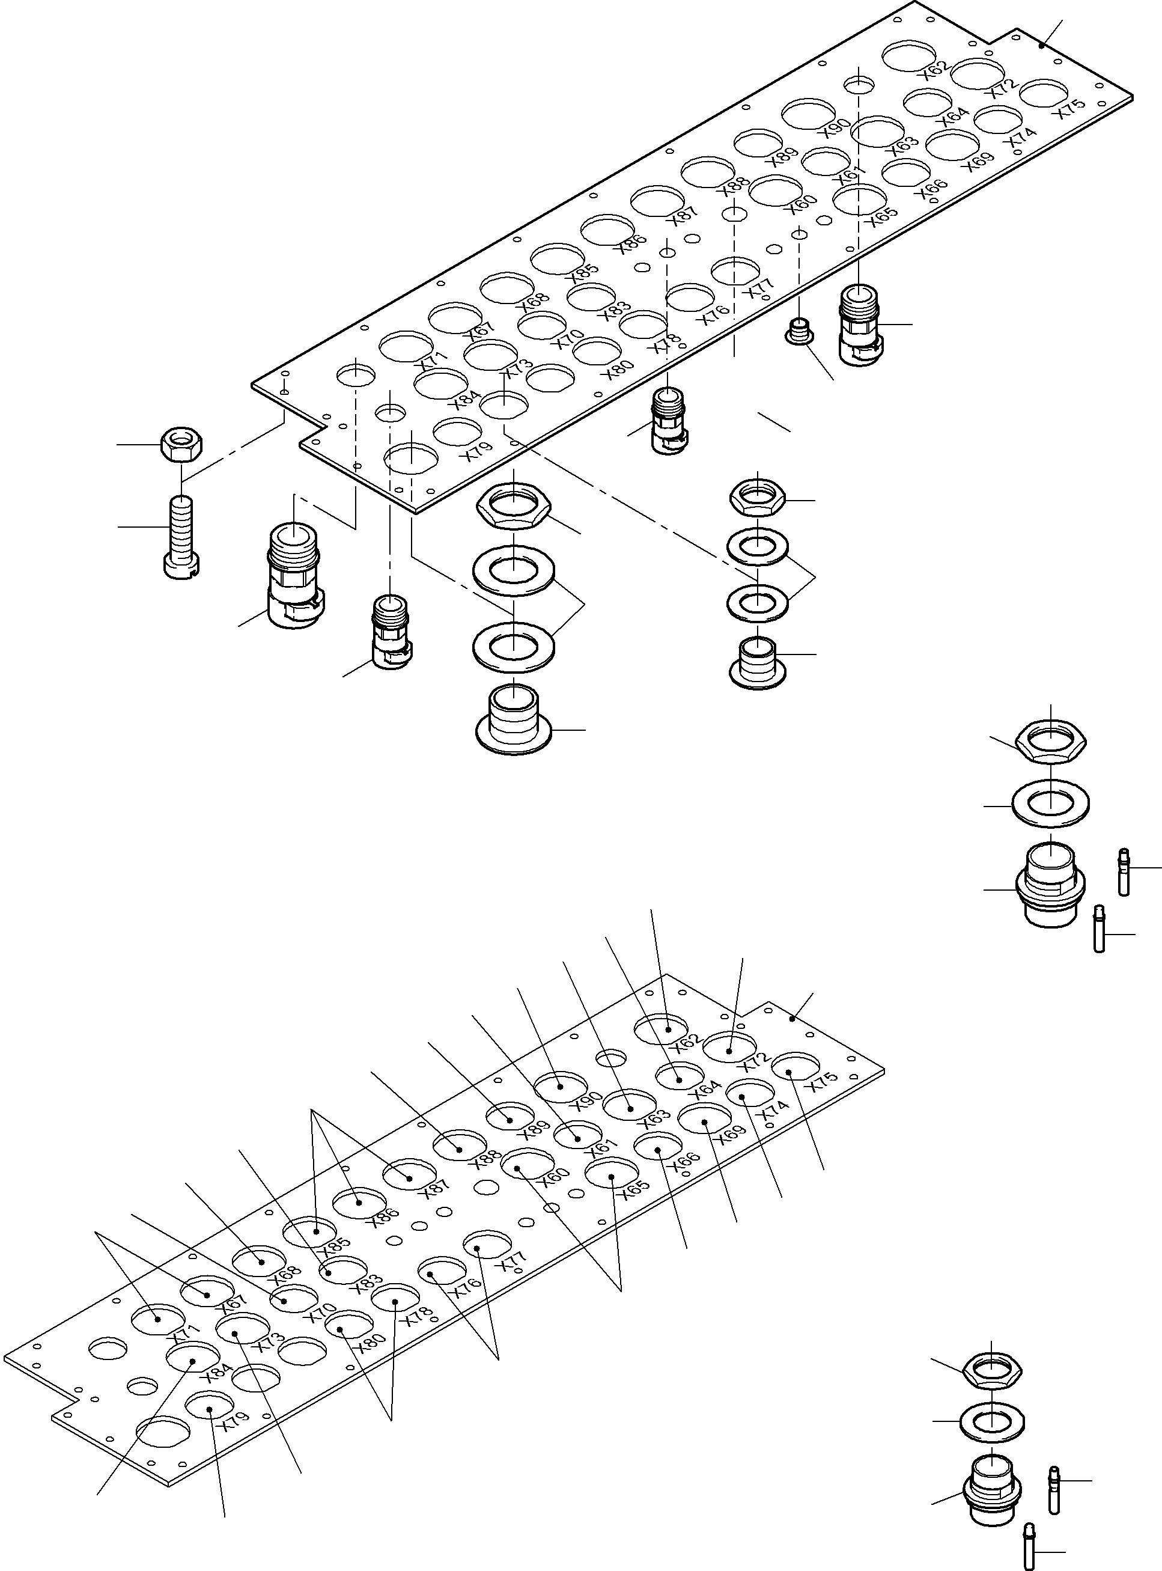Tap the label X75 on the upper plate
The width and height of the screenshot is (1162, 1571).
(1072, 108)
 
